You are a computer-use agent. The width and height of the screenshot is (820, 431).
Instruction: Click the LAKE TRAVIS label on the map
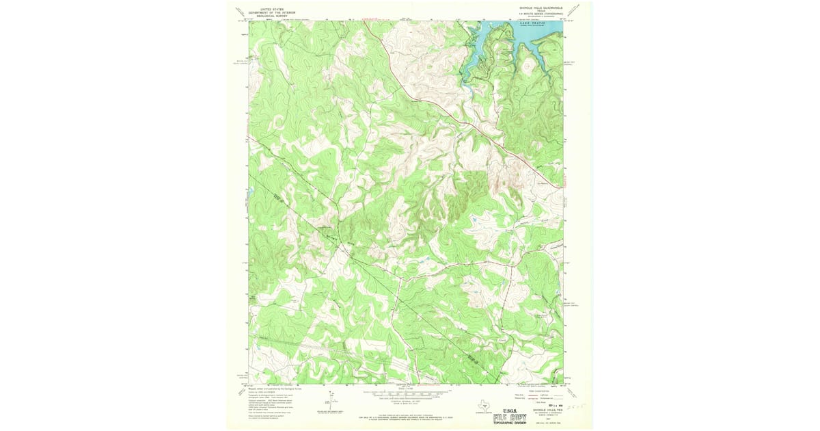[x=534, y=23]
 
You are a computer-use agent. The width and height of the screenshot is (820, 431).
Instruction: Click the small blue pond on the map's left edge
[x=251, y=192]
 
